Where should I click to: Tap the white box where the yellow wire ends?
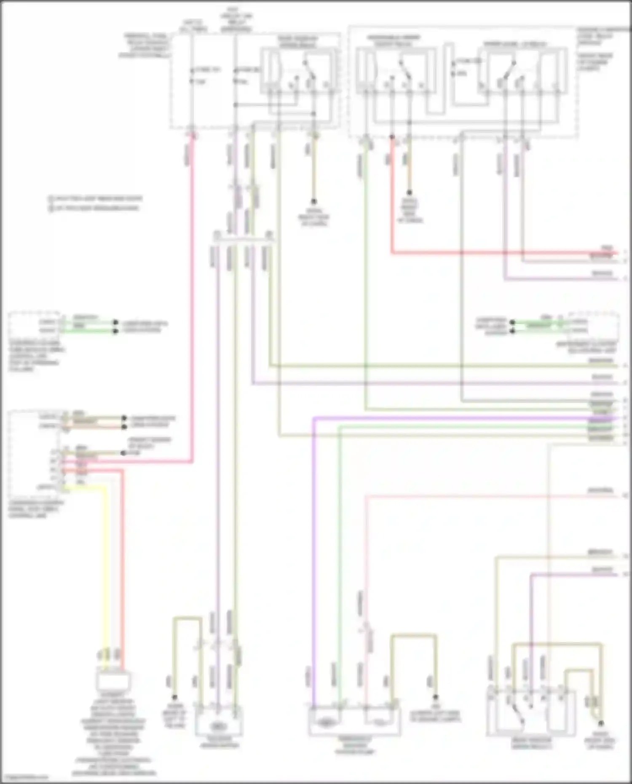[113, 681]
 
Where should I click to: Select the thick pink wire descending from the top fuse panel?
[193, 295]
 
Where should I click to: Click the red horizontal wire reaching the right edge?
[506, 253]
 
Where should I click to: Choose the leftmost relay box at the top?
[298, 70]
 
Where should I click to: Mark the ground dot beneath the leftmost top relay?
[313, 202]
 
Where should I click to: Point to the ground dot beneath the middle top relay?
[409, 193]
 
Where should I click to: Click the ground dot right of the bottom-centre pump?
[436, 697]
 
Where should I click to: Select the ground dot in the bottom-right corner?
[601, 723]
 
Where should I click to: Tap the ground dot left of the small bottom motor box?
[174, 698]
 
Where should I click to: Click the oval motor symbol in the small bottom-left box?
[218, 726]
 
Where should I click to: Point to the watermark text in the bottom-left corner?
[24, 777]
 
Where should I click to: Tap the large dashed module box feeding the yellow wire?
[36, 453]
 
